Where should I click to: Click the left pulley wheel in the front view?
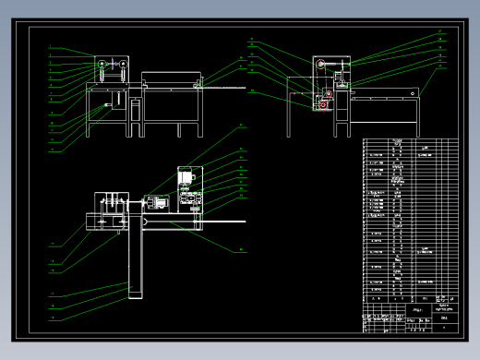[x=101, y=65]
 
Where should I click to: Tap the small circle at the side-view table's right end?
[x=413, y=94]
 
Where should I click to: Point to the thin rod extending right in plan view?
[x=222, y=221]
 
